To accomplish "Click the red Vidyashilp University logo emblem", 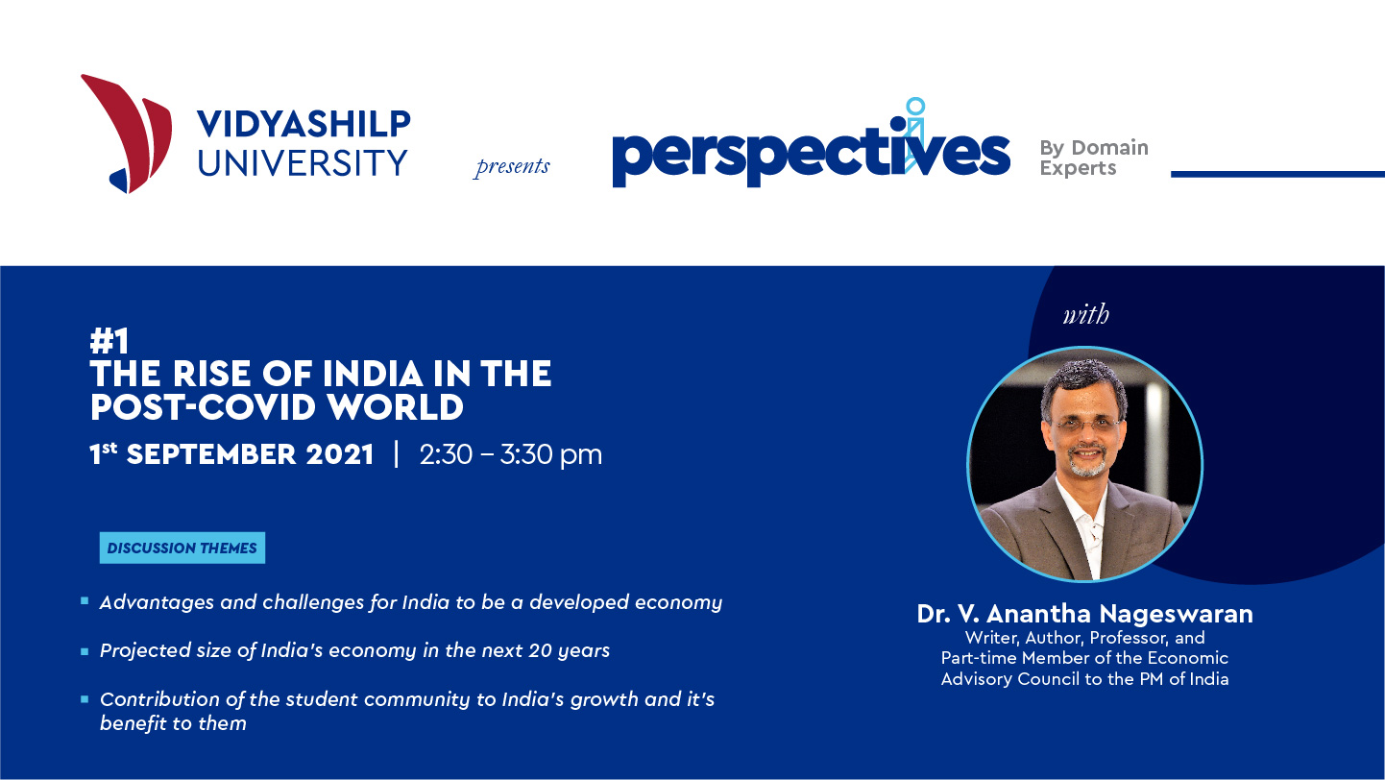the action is tap(127, 134).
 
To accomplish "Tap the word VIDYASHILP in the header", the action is tap(304, 124).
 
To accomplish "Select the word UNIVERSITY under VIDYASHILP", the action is tap(303, 162).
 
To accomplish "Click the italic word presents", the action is tap(512, 166).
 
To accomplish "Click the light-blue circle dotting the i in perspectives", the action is tap(915, 106).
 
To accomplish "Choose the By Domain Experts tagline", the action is tap(1094, 158).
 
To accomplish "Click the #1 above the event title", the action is tap(109, 341).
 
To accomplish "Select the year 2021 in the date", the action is tap(339, 454).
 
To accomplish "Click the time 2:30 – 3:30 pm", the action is tap(511, 455).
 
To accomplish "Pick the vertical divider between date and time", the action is tap(397, 454).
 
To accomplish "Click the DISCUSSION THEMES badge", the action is tap(182, 548).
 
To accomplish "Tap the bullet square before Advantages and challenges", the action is tap(85, 600).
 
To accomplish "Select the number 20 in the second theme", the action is tap(540, 650).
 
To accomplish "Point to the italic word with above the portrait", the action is tap(1085, 315).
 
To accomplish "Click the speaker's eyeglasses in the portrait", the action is tap(1085, 425).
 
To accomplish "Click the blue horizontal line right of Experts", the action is tap(1277, 175).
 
